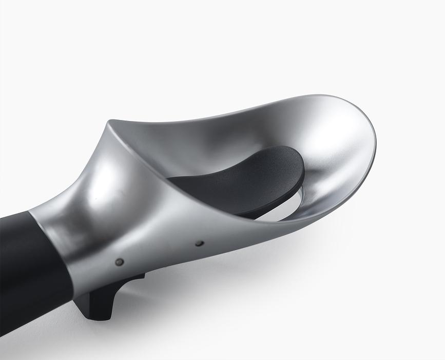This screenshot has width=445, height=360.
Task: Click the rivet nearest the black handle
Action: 119,262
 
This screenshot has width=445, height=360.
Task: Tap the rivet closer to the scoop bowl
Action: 200,243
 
